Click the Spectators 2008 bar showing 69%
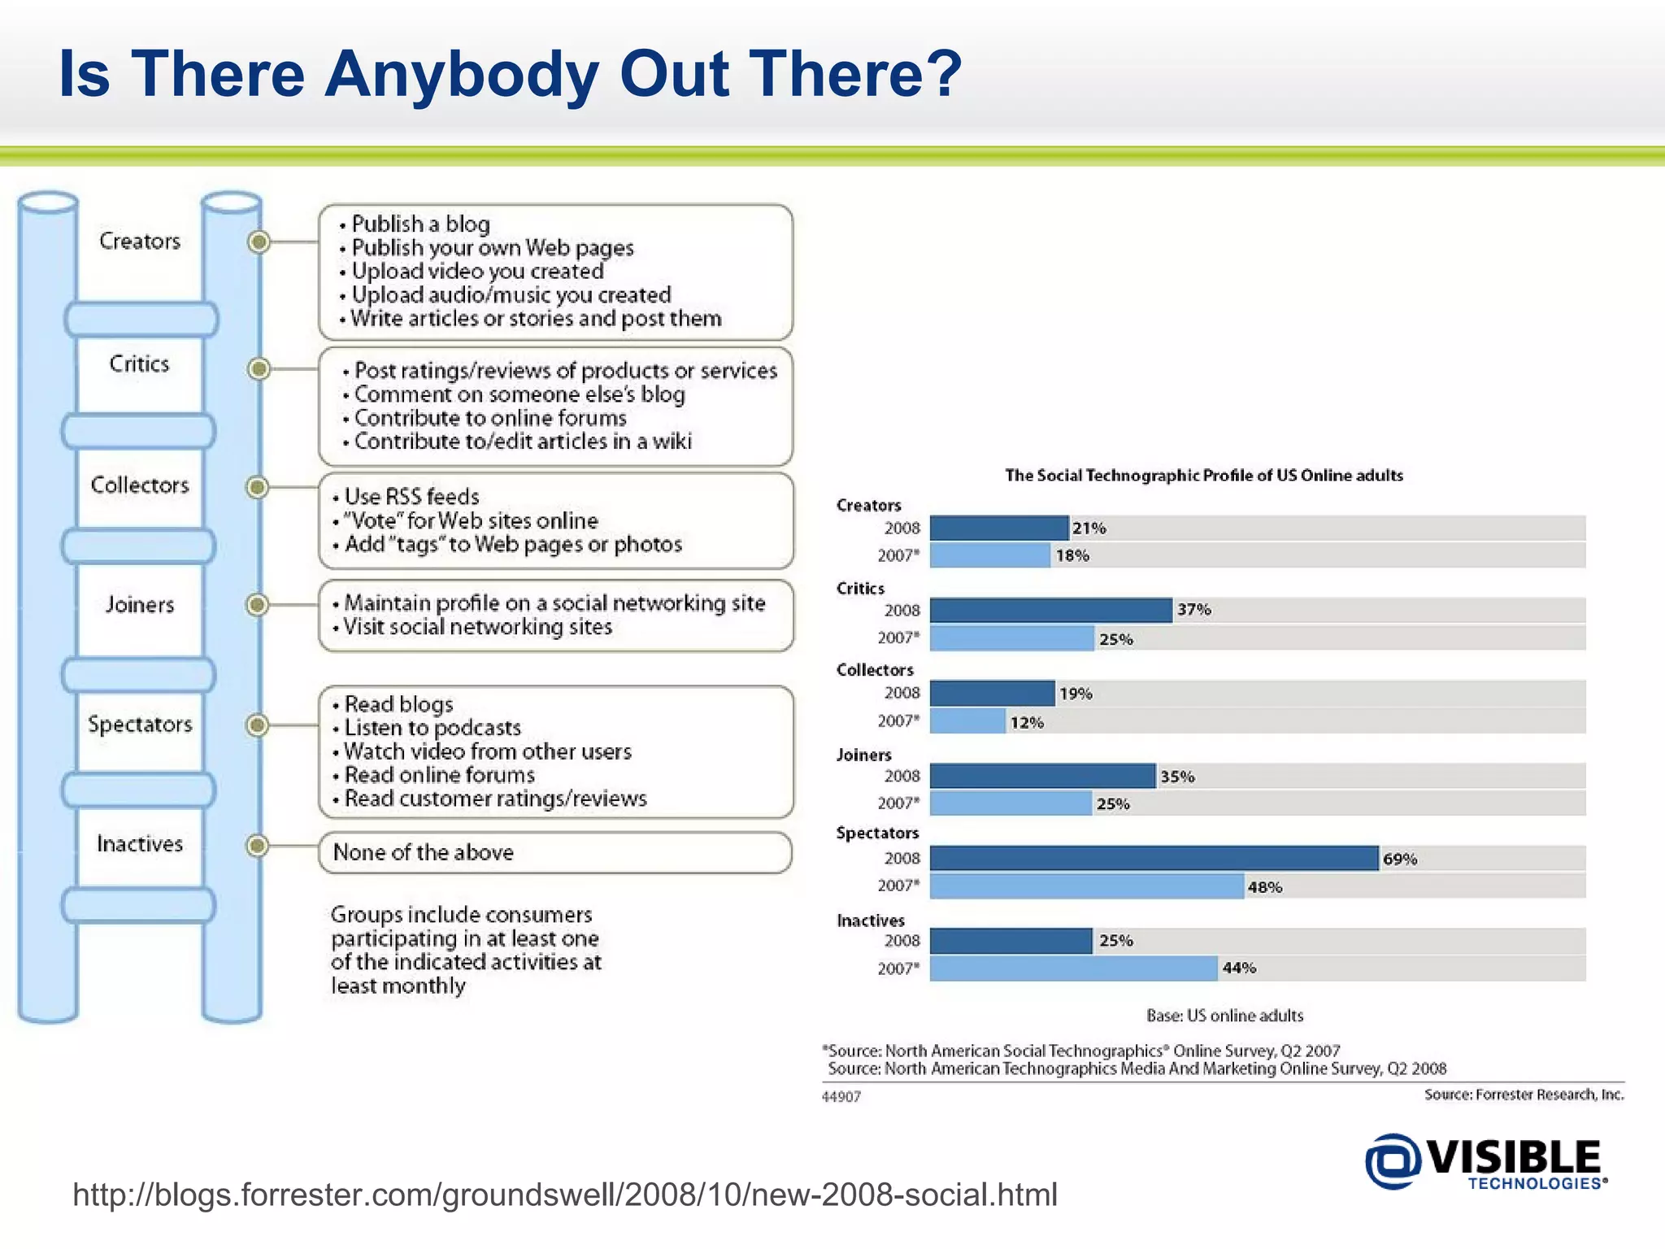[x=1154, y=858]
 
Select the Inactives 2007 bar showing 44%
[x=1073, y=968]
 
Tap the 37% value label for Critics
[x=1193, y=609]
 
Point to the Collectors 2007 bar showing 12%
[x=967, y=720]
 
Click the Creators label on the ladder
[x=140, y=241]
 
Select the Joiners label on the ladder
[x=140, y=604]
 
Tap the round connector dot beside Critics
[x=259, y=368]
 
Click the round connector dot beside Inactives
[x=257, y=846]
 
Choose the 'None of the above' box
[x=554, y=852]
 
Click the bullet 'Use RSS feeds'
[x=411, y=496]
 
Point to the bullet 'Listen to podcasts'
[x=432, y=727]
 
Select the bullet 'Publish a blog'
[x=420, y=224]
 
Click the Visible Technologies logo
[x=1486, y=1161]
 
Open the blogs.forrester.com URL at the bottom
[x=565, y=1195]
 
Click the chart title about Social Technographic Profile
[x=1203, y=475]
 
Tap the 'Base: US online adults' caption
[x=1224, y=1015]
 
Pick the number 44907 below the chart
[x=841, y=1096]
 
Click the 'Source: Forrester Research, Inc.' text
[x=1524, y=1095]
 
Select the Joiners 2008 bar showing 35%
[x=1042, y=776]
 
